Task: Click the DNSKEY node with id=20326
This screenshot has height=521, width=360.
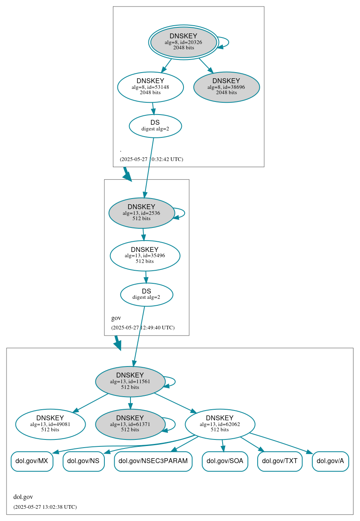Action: pos(183,42)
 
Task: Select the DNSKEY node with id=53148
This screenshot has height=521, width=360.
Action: pos(150,87)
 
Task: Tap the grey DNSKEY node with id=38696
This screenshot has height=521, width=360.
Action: pos(226,87)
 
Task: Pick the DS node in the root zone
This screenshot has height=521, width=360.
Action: pos(155,126)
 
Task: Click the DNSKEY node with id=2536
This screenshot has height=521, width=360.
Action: pos(141,213)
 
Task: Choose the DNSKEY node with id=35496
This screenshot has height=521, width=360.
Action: pos(145,256)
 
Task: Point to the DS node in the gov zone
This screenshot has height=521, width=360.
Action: pos(146,294)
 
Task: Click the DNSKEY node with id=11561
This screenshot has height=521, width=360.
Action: pos(130,382)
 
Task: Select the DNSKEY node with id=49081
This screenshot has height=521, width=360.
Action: pos(50,424)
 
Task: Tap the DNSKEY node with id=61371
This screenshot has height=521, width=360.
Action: pos(130,424)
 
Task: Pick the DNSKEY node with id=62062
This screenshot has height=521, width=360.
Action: pos(220,424)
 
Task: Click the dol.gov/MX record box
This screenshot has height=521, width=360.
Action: pos(32,461)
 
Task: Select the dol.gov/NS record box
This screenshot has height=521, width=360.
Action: pos(84,461)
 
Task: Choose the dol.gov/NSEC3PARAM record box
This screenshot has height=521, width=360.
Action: pos(153,461)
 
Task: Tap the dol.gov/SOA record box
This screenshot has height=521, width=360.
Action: pos(225,461)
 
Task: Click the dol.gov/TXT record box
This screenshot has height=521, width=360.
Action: pos(280,461)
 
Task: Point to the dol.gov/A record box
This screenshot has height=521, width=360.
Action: pos(330,461)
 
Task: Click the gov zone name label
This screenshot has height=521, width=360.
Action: pos(116,318)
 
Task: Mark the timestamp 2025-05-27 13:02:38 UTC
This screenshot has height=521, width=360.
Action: pos(45,507)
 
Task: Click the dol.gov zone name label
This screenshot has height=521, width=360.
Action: pos(23,497)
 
